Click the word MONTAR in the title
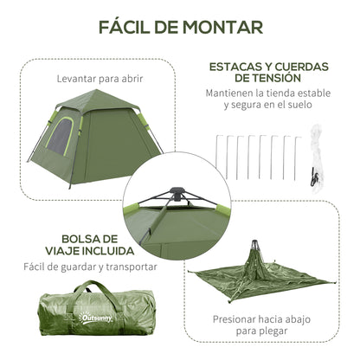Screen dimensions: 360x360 coord(222,26)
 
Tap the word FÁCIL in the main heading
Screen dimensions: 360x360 coord(131,26)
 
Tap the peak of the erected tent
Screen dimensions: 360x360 coord(83,98)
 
